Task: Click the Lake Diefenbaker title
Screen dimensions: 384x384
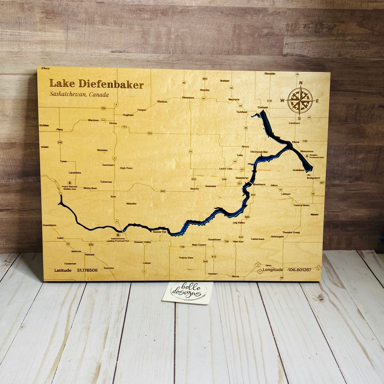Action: (x=96, y=84)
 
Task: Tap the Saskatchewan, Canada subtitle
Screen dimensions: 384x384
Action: (x=79, y=94)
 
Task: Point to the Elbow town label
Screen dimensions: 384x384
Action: (x=296, y=142)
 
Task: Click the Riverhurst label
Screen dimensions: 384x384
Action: (x=259, y=184)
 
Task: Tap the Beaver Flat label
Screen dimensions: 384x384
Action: (x=159, y=232)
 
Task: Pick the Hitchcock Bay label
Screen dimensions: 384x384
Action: (x=259, y=152)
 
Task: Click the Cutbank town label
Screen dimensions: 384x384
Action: (x=263, y=107)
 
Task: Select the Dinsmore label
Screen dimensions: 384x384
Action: (x=188, y=98)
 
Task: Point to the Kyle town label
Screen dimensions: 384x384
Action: (x=113, y=197)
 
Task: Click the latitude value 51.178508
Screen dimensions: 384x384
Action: (x=87, y=270)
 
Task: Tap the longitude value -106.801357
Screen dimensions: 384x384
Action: (x=299, y=270)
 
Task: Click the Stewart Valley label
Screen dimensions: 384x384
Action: (x=142, y=242)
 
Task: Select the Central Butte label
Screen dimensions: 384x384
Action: (x=301, y=205)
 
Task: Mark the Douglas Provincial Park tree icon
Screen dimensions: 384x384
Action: (x=307, y=156)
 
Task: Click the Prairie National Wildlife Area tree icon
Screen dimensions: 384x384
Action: (x=70, y=183)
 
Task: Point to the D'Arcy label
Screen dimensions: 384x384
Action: (x=45, y=68)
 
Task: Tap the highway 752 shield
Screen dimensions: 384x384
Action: (x=103, y=108)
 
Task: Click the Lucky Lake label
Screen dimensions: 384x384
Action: (x=226, y=169)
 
